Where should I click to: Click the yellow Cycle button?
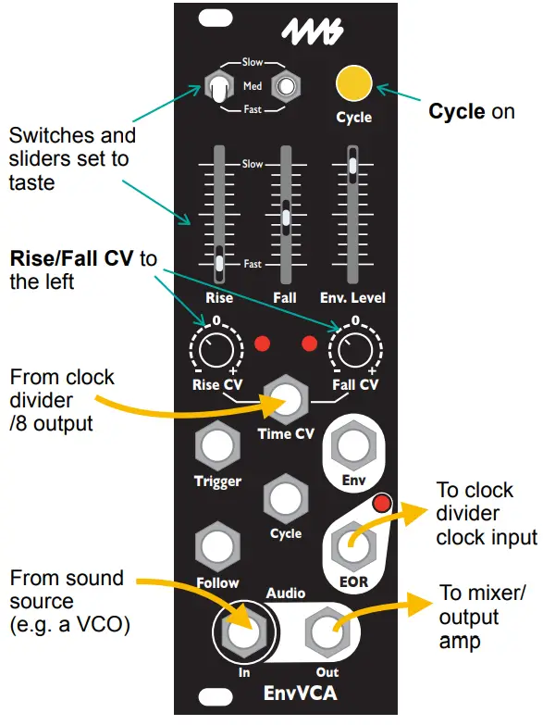click(354, 82)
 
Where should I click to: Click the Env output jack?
click(353, 448)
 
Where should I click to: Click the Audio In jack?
click(244, 634)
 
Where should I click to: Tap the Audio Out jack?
click(326, 634)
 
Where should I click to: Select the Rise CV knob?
click(216, 351)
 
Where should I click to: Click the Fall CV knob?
click(354, 351)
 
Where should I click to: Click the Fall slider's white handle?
click(286, 218)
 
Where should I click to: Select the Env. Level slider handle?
click(353, 166)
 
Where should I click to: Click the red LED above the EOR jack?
click(377, 505)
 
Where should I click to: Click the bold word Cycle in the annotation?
click(456, 112)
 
